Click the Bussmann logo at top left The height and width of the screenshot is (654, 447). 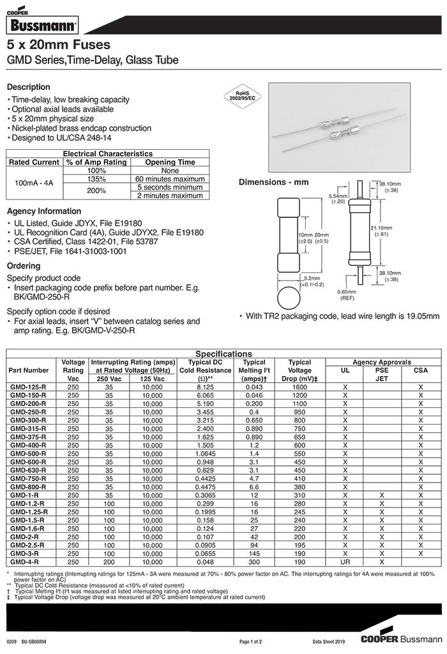click(x=42, y=26)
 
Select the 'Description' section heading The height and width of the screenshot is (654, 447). click(x=28, y=87)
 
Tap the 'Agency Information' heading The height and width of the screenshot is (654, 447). click(x=44, y=211)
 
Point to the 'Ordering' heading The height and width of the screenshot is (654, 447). click(x=24, y=266)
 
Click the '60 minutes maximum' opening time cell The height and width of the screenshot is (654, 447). click(x=170, y=179)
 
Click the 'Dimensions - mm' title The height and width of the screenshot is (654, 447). click(x=273, y=182)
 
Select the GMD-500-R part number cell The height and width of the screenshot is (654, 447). click(x=29, y=453)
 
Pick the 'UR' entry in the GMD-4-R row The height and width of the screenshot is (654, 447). click(x=345, y=562)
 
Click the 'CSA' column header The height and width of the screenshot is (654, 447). click(x=421, y=370)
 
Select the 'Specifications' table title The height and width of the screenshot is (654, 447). click(x=223, y=354)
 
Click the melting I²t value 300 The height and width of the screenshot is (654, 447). click(x=254, y=562)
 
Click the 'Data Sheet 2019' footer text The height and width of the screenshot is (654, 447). click(x=328, y=641)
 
